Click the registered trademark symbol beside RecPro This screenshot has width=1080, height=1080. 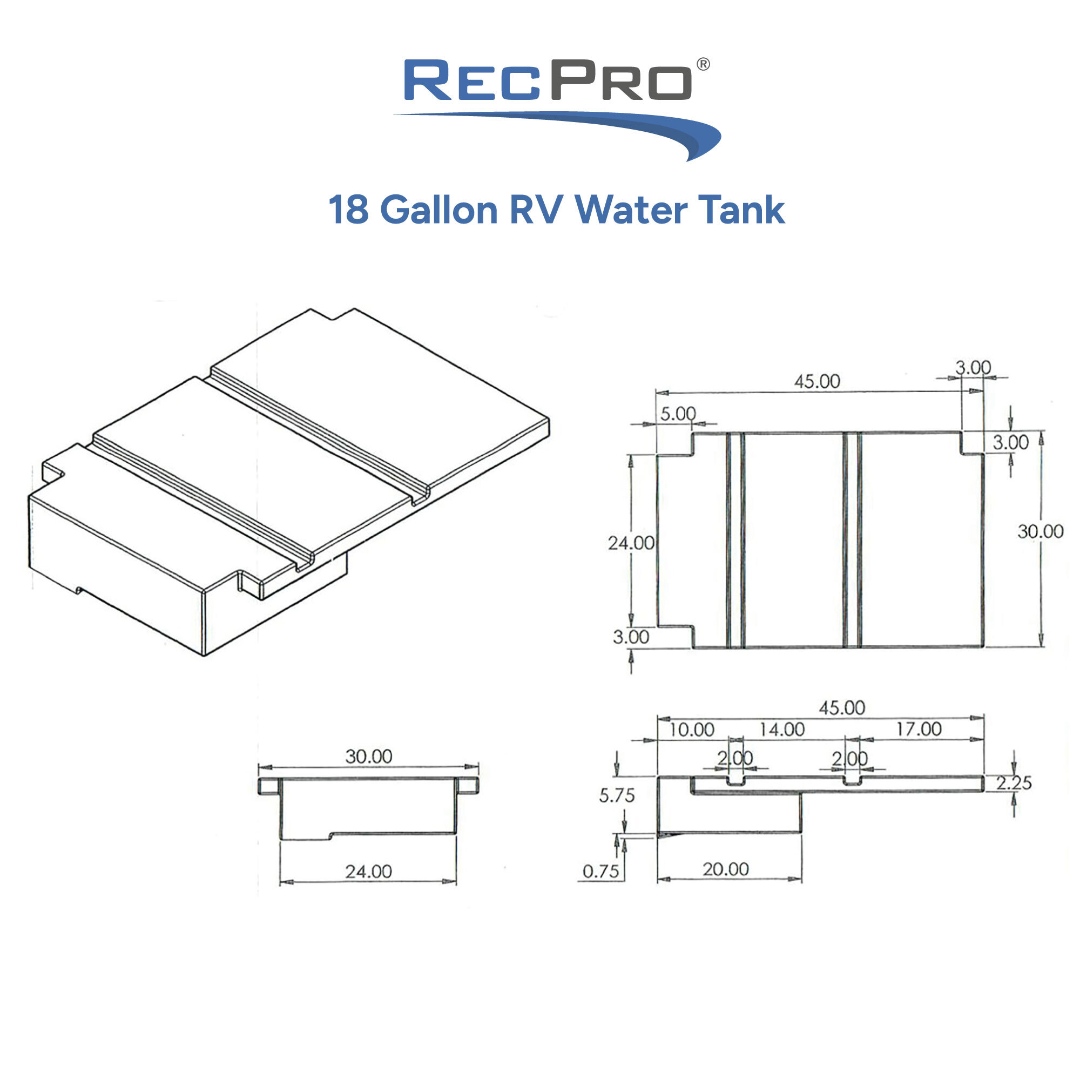click(703, 64)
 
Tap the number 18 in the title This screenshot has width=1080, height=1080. click(348, 210)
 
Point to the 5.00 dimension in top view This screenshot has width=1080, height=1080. click(678, 414)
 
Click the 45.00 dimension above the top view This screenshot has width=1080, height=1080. click(816, 382)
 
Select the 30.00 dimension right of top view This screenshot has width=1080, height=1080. click(1039, 531)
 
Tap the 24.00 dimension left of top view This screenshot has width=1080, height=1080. click(631, 543)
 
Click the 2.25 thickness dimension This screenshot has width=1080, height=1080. click(1014, 783)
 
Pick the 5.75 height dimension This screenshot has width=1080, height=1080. click(617, 795)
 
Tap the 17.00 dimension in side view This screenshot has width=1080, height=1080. click(919, 729)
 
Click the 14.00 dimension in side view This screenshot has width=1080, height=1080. click(781, 730)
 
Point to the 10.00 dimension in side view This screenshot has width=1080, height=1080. click(692, 730)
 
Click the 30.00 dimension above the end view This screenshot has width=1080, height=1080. click(368, 757)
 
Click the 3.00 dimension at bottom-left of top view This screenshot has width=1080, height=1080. click(631, 637)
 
